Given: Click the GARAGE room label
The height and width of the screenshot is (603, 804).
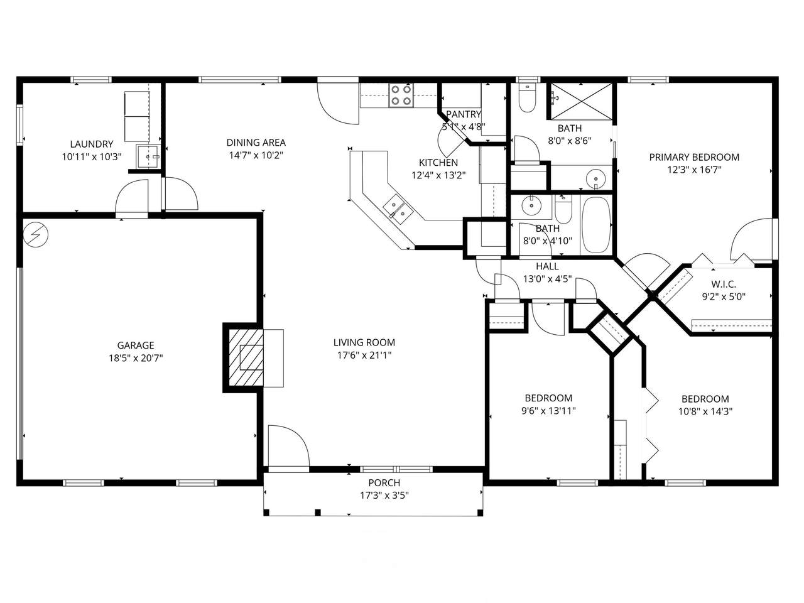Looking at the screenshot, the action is (x=136, y=345).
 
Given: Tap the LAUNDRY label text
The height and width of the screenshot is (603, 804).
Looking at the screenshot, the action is (x=92, y=144).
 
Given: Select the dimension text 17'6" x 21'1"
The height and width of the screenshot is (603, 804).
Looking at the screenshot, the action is (x=364, y=355).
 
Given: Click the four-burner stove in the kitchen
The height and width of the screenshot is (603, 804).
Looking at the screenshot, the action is (x=401, y=95).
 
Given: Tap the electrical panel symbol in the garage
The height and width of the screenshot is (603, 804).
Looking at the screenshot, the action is (x=36, y=234).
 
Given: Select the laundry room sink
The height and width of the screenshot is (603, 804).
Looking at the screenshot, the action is (x=148, y=156).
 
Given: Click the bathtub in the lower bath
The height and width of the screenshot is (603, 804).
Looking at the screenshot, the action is (x=596, y=225).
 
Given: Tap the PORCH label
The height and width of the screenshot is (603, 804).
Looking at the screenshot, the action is (x=384, y=482).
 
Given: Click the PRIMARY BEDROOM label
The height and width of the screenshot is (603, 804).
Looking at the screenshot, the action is (x=694, y=157).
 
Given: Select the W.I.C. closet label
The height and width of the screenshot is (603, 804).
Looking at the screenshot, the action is (x=724, y=284).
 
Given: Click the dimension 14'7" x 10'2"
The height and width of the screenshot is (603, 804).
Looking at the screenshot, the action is (x=256, y=155).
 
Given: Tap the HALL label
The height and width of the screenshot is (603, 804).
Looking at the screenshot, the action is (x=547, y=266).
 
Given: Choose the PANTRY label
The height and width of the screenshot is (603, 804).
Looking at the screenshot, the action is (x=464, y=114).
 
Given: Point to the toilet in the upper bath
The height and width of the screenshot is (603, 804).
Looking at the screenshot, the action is (x=527, y=98).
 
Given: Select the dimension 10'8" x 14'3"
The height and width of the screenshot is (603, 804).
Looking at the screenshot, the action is (x=705, y=411).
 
